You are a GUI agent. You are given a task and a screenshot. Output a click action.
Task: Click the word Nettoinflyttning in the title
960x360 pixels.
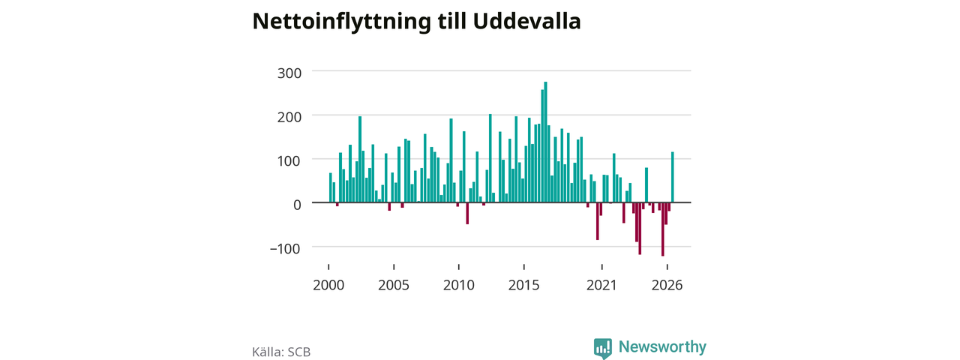341,22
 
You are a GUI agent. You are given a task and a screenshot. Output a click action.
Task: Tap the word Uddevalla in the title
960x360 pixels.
526,21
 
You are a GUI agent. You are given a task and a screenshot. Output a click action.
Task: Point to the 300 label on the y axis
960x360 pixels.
289,73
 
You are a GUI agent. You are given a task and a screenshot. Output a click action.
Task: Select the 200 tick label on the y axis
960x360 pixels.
289,117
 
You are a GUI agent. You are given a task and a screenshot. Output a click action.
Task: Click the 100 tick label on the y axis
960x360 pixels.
289,161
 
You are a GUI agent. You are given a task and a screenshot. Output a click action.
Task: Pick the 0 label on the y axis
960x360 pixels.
297,205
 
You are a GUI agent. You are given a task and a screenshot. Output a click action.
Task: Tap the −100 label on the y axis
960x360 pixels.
286,248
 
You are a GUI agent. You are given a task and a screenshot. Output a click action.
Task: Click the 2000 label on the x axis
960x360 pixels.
328,285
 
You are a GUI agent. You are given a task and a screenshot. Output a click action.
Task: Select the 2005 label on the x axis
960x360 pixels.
394,285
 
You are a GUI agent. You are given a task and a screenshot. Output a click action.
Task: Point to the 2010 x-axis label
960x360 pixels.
459,285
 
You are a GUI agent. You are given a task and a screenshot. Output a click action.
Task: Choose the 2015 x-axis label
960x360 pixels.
523,285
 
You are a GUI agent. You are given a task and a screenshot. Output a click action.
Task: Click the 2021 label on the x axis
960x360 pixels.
601,285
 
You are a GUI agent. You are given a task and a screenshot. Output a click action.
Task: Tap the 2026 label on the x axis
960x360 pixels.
667,285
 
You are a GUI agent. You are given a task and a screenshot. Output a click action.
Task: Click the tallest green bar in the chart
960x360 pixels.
545,142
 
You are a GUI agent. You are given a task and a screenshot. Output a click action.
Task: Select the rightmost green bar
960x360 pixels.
673,177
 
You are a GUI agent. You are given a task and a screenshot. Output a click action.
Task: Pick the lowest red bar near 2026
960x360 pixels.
662,229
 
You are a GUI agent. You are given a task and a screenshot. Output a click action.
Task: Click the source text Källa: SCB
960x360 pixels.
281,352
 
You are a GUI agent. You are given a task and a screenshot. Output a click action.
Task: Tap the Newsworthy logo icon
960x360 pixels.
603,348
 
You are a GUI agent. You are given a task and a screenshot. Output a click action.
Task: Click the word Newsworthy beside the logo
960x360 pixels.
662,346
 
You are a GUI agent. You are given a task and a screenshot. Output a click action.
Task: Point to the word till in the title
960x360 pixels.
452,21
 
